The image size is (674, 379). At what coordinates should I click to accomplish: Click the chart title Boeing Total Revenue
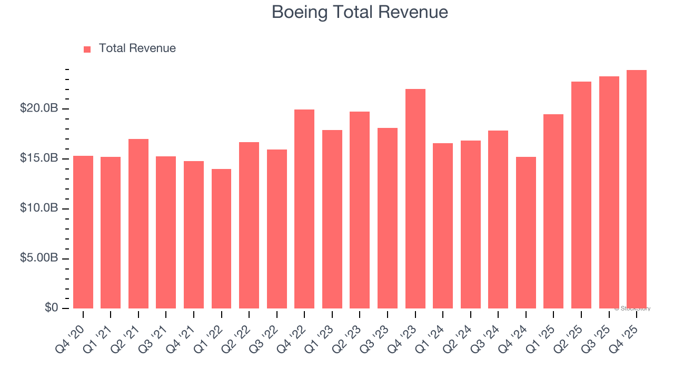tap(360, 12)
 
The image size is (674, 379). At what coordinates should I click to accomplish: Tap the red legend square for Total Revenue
tap(87, 49)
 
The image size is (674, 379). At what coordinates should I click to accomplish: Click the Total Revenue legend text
tap(137, 48)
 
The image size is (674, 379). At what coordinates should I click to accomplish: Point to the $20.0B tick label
tap(39, 108)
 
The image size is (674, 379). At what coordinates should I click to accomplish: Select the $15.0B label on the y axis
tap(39, 158)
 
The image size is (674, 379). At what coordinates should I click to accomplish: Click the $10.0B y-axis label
tap(39, 208)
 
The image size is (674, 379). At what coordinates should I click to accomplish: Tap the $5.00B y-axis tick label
tap(39, 258)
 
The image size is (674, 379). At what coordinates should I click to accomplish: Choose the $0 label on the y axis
tap(52, 308)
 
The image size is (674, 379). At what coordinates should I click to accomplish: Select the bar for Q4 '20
tap(83, 232)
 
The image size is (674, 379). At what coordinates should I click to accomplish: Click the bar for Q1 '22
tap(221, 238)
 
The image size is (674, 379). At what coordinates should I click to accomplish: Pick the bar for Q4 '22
tap(304, 209)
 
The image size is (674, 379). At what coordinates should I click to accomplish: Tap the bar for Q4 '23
tap(415, 199)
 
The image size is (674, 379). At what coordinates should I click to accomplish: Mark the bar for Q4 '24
tap(526, 233)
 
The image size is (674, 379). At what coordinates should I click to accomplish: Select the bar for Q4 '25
tap(636, 189)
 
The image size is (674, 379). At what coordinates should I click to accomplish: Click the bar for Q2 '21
tap(138, 224)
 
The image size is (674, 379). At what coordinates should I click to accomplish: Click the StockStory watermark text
tap(632, 308)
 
